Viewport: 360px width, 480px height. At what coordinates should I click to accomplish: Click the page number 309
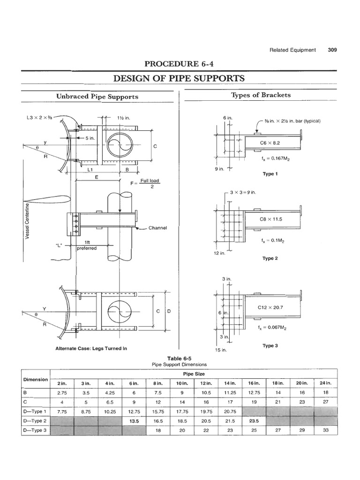pyautogui.click(x=333, y=50)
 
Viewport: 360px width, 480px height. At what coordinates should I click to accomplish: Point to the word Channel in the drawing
pyautogui.click(x=158, y=228)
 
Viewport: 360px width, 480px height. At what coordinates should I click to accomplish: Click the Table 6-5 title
pyautogui.click(x=175, y=358)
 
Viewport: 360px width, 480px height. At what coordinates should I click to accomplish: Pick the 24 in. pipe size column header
pyautogui.click(x=325, y=383)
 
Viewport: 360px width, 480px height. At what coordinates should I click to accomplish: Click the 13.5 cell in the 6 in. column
pyautogui.click(x=132, y=421)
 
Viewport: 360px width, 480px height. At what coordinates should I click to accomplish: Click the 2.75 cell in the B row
pyautogui.click(x=60, y=392)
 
